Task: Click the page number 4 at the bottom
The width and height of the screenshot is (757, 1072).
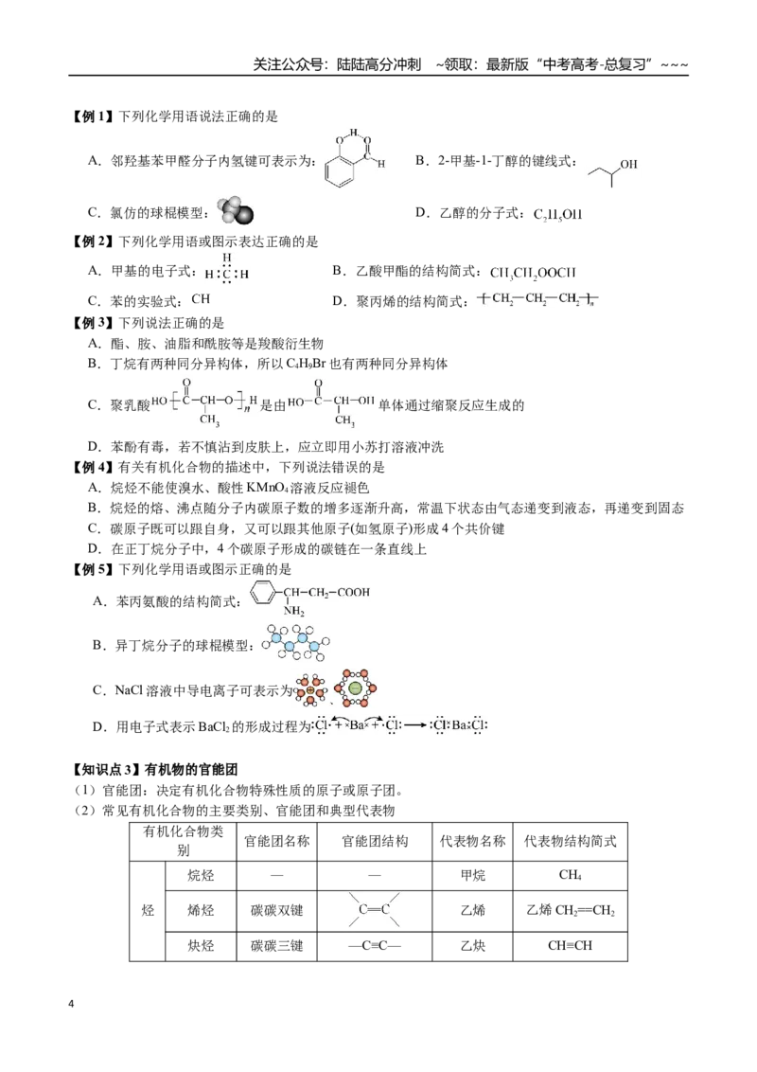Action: tap(71, 1004)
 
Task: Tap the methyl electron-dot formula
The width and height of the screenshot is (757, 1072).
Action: tap(227, 271)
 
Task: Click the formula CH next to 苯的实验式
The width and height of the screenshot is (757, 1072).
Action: tap(201, 298)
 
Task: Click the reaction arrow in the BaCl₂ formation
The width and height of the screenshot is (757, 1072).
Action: tap(414, 725)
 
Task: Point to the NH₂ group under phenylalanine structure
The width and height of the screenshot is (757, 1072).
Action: tap(293, 612)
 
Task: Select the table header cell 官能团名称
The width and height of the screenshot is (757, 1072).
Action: tap(276, 841)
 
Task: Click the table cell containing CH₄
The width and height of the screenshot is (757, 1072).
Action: tap(570, 876)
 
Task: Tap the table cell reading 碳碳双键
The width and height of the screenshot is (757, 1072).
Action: tap(276, 911)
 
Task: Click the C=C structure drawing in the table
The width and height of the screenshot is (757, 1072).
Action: tap(375, 910)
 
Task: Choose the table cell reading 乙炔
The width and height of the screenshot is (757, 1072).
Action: tap(473, 946)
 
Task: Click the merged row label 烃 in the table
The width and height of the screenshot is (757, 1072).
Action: tap(148, 911)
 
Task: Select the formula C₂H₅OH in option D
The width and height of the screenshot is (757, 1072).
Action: tap(557, 214)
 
